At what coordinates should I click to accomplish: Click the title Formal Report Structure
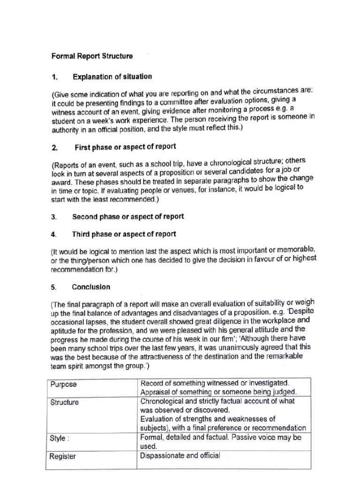pos(92,56)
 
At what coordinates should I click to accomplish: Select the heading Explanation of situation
pos(112,76)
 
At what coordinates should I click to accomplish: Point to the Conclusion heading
pos(91,287)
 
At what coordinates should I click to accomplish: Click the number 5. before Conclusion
pos(54,287)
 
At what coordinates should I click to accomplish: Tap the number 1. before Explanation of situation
pos(54,76)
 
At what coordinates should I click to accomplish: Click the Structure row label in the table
pos(65,402)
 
